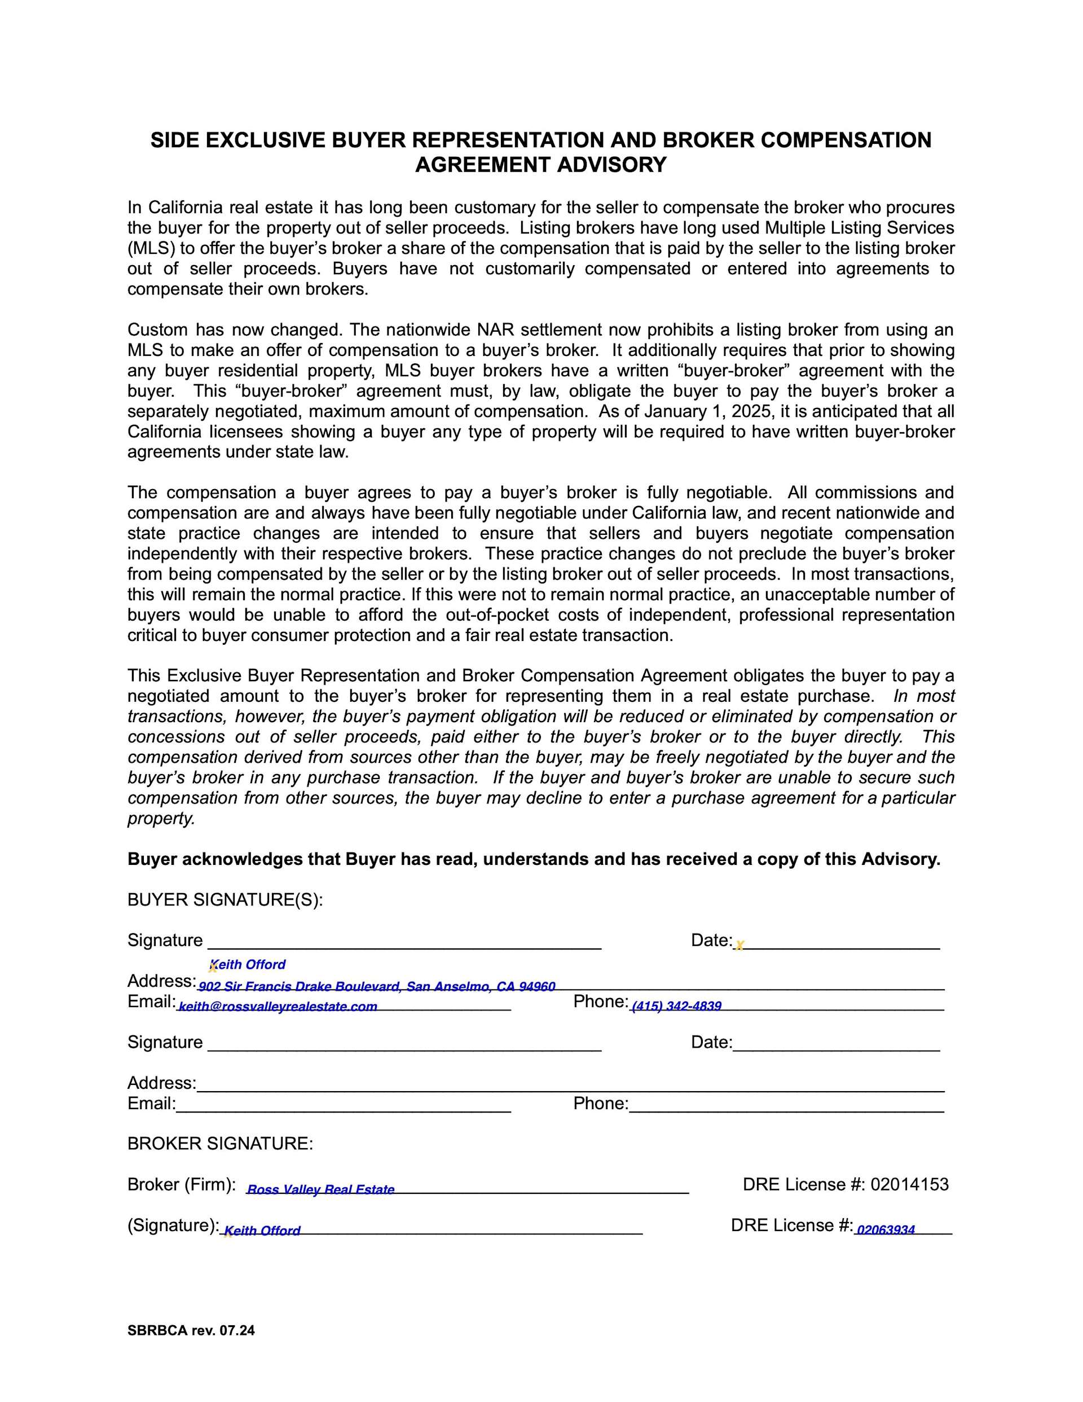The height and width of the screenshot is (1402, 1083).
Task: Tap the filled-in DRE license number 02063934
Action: [x=885, y=1230]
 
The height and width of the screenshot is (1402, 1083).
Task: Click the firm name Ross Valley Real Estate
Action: [x=320, y=1189]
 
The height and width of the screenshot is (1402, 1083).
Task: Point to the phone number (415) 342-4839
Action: [x=676, y=1006]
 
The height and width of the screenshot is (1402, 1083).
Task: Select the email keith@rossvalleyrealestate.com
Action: [x=278, y=1007]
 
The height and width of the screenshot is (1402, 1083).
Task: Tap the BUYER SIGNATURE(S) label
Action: [x=224, y=900]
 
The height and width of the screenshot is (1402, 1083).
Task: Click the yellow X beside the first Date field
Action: [x=739, y=945]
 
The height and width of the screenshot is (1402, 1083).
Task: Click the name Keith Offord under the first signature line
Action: [x=248, y=964]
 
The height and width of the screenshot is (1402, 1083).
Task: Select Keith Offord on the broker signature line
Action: [x=262, y=1230]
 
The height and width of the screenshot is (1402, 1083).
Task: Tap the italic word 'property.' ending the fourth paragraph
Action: [x=161, y=819]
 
